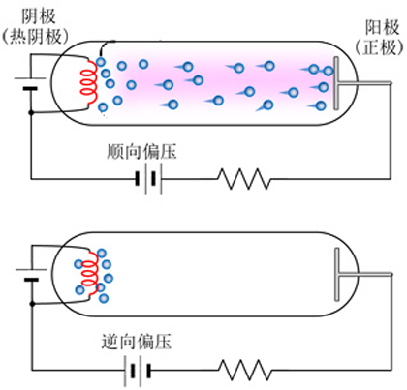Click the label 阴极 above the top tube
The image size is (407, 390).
pos(38,16)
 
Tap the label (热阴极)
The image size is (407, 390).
pos(35,37)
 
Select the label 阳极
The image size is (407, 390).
pos(383,28)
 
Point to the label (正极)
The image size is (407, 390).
pos(380,47)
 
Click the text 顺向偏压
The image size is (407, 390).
pos(141,152)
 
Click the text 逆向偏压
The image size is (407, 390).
pos(136,342)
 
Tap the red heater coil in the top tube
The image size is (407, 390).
pos(89,82)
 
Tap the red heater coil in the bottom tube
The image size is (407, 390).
pos(90,274)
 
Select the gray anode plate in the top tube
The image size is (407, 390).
pos(336,83)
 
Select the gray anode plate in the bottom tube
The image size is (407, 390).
pos(337,274)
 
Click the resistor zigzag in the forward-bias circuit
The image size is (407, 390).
pos(244,179)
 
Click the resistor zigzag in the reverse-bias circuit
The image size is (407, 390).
pos(245,370)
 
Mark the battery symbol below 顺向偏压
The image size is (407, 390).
pos(148,178)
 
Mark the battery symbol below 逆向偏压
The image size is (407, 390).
pos(138,371)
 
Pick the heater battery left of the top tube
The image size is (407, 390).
pos(30,83)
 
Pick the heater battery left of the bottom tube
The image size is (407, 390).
pos(31,275)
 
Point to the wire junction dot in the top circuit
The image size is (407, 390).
pos(31,112)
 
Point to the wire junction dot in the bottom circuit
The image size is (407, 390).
pos(32,304)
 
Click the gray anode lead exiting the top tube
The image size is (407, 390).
pos(365,83)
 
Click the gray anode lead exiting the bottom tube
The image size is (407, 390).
pos(365,274)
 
